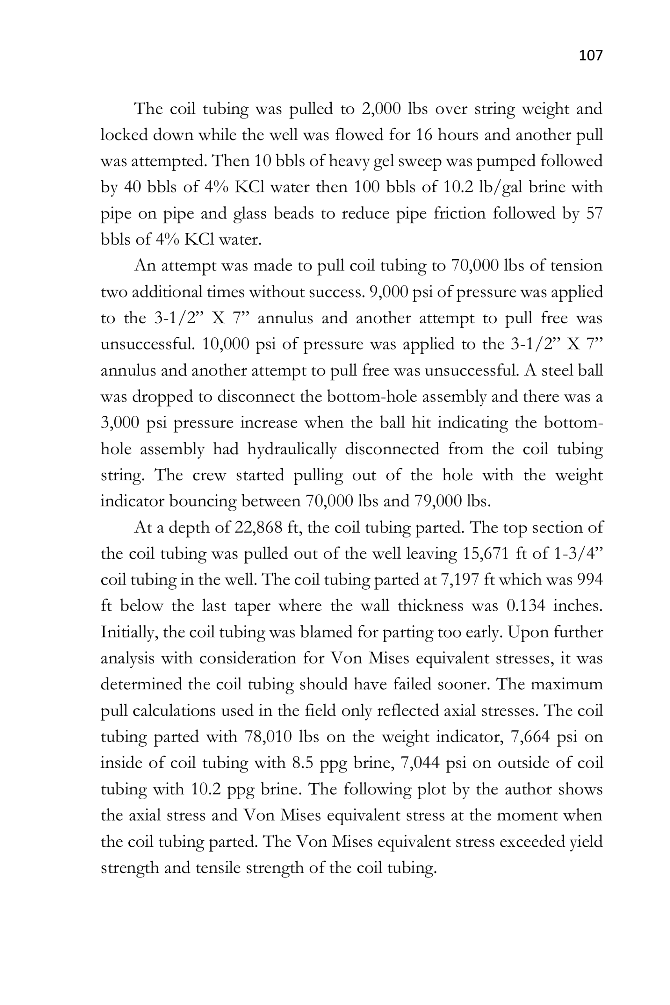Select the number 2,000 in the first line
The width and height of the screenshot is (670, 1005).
click(x=381, y=109)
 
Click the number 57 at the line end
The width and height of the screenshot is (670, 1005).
click(x=593, y=213)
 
